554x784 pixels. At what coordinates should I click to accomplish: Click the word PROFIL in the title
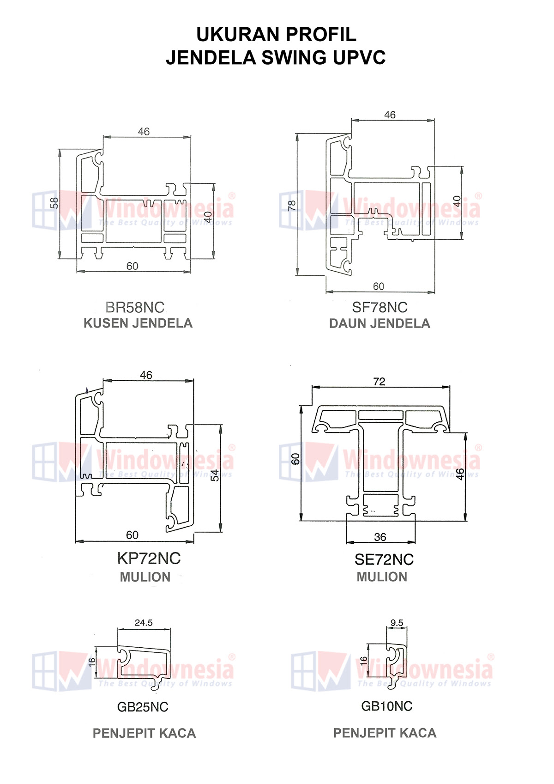click(321, 35)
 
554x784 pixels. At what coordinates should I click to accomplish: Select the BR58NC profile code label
click(135, 307)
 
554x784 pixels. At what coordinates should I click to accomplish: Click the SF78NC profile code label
click(380, 307)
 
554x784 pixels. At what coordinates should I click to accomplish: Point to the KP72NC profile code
click(149, 558)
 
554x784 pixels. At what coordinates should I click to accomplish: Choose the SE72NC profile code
click(384, 559)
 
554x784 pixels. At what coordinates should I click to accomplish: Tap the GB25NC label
click(143, 707)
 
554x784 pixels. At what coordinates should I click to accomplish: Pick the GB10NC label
click(387, 706)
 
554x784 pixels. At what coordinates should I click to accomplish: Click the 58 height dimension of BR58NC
click(54, 203)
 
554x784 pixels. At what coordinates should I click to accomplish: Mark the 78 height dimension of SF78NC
click(292, 206)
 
